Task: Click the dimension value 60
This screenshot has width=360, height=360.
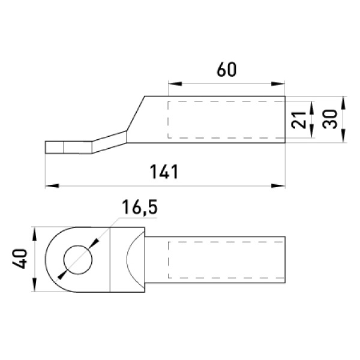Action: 226,70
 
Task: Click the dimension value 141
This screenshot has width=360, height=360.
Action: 164,172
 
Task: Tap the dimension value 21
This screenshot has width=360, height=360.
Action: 298,120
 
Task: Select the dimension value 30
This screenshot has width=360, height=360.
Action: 329,119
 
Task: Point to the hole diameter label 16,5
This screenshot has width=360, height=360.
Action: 140,207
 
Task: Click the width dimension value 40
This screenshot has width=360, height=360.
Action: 20,259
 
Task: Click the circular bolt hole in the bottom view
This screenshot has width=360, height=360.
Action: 78,260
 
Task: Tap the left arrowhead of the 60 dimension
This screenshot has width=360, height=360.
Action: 175,84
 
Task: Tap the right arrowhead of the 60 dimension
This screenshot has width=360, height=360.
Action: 278,84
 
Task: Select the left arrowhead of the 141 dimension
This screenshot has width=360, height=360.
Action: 52,186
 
